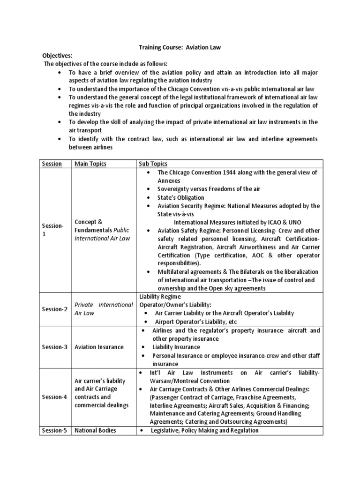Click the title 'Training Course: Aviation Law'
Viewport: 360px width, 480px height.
point(180,47)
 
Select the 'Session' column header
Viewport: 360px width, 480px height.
point(52,164)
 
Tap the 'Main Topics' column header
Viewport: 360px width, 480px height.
point(90,164)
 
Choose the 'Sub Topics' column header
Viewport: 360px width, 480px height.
point(153,164)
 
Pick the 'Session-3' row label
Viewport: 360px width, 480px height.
point(54,347)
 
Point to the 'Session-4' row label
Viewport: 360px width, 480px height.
point(54,397)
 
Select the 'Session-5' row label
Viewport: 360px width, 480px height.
point(54,430)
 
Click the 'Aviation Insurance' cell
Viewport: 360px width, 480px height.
point(99,347)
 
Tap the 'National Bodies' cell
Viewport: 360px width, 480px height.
point(96,430)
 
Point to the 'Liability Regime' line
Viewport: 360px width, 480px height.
point(160,296)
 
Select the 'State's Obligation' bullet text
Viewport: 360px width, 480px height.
point(180,197)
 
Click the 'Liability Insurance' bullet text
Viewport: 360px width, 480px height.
point(176,347)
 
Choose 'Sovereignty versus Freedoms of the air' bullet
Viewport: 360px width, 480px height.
point(209,189)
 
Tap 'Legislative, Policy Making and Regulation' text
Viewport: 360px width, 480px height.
point(204,430)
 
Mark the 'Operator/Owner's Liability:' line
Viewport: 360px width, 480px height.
point(174,304)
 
